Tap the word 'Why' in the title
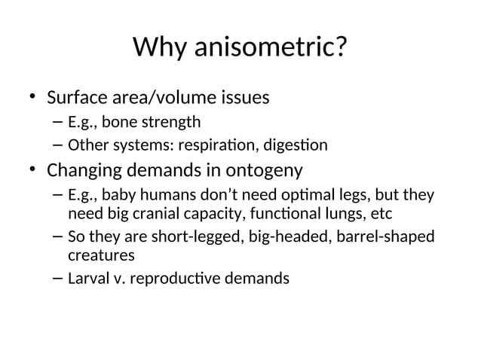(x=160, y=49)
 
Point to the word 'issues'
(x=243, y=99)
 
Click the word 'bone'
(x=118, y=122)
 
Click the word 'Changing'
(x=84, y=169)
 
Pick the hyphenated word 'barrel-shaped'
(x=384, y=237)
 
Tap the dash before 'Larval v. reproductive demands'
(x=58, y=279)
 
